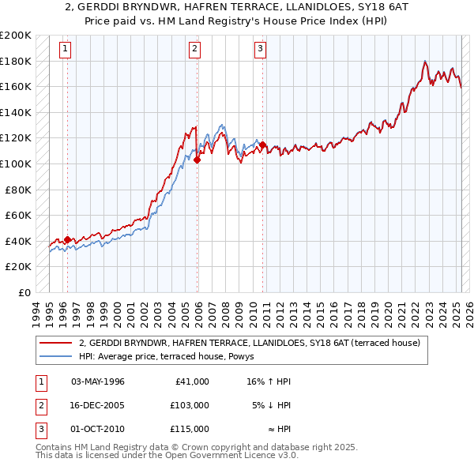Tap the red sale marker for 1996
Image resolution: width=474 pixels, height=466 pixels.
click(67, 239)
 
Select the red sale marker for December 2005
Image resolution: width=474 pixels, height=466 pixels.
click(197, 160)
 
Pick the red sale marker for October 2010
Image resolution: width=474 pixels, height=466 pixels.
click(263, 145)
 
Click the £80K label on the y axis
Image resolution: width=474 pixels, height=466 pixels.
click(18, 190)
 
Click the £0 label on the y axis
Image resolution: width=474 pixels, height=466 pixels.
click(23, 292)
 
